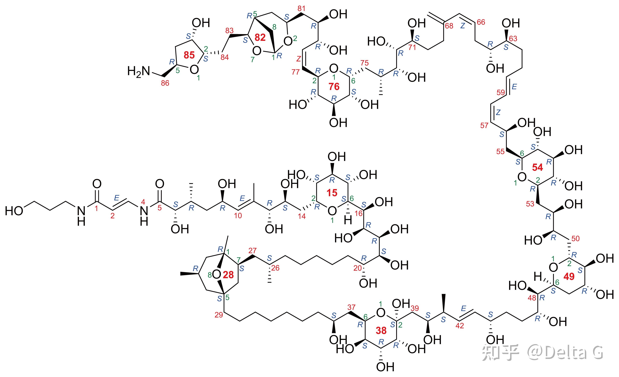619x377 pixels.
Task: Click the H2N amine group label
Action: click(x=139, y=72)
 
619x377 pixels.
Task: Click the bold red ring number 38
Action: click(x=381, y=331)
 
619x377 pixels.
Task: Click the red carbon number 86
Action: click(x=165, y=83)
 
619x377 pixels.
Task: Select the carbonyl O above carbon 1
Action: click(x=97, y=184)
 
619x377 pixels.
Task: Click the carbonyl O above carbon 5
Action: click(x=160, y=184)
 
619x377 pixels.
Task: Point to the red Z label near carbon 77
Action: click(x=299, y=59)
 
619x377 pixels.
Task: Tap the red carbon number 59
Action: click(x=501, y=92)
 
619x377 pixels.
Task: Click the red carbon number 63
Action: click(x=513, y=38)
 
